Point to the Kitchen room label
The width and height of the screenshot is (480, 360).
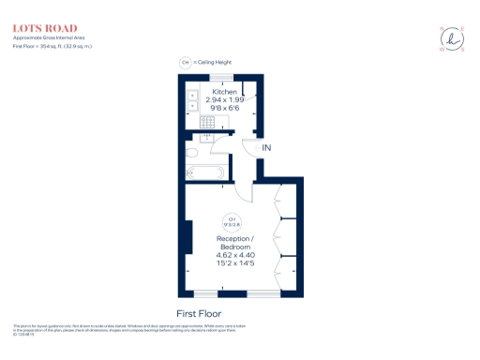[x=224, y=92]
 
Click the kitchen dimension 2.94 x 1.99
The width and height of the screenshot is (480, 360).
[x=224, y=99]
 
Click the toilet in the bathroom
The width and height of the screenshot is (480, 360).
[x=191, y=153]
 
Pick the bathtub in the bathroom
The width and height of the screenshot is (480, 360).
[x=203, y=171]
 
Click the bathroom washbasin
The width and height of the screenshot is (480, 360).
[x=208, y=138]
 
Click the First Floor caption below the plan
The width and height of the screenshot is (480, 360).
[x=200, y=313]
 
